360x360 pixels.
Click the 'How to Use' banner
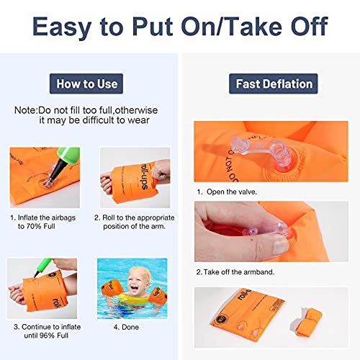86,84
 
